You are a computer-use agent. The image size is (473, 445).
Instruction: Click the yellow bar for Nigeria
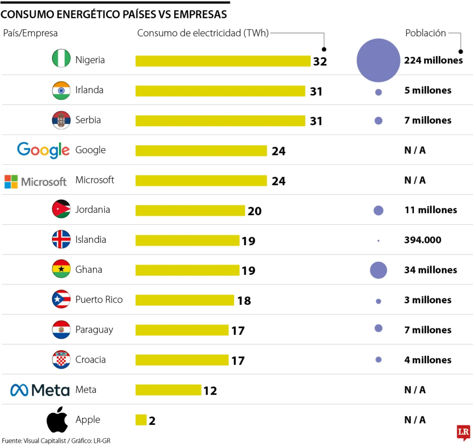pyautogui.click(x=223, y=61)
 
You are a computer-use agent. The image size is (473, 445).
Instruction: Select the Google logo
pyautogui.click(x=43, y=150)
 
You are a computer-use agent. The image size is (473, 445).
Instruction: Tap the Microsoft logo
pyautogui.click(x=36, y=181)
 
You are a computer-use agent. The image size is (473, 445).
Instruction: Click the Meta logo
pyautogui.click(x=40, y=390)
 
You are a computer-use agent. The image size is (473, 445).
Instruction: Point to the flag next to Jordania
pyautogui.click(x=61, y=210)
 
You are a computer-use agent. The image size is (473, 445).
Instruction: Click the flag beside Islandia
pyautogui.click(x=61, y=240)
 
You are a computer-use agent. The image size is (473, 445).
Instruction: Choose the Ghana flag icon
pyautogui.click(x=61, y=269)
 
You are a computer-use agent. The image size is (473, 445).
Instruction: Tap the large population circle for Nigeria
pyautogui.click(x=378, y=61)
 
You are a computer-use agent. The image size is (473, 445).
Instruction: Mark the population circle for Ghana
pyautogui.click(x=378, y=270)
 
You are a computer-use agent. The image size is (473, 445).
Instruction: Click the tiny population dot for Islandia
pyautogui.click(x=378, y=241)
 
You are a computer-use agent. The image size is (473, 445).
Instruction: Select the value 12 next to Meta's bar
pyautogui.click(x=210, y=391)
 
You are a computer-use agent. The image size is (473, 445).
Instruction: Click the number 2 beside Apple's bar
pyautogui.click(x=152, y=421)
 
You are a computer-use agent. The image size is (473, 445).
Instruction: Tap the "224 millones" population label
pyautogui.click(x=433, y=60)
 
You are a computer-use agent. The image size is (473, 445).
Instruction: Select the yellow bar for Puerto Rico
pyautogui.click(x=185, y=300)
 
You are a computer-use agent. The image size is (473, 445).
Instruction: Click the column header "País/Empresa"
pyautogui.click(x=30, y=33)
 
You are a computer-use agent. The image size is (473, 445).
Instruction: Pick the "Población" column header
pyautogui.click(x=425, y=33)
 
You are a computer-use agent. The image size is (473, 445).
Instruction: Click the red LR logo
pyautogui.click(x=463, y=433)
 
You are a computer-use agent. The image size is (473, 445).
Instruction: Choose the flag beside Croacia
pyautogui.click(x=61, y=359)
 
